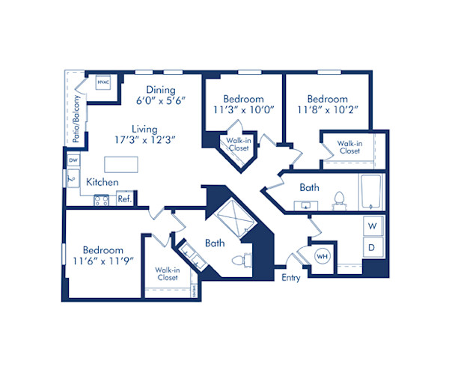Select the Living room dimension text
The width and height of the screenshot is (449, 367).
[x=144, y=139]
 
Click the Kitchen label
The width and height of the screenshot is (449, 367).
[x=102, y=181]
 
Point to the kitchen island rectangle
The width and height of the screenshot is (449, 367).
[x=123, y=163]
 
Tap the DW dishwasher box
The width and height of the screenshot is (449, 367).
[x=73, y=161]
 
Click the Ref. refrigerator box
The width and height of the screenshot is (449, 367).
[x=125, y=199]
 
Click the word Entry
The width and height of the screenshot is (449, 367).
[x=291, y=277]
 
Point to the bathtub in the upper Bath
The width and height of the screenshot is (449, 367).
[x=373, y=192]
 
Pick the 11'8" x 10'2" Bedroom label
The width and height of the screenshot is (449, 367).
[x=327, y=104]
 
